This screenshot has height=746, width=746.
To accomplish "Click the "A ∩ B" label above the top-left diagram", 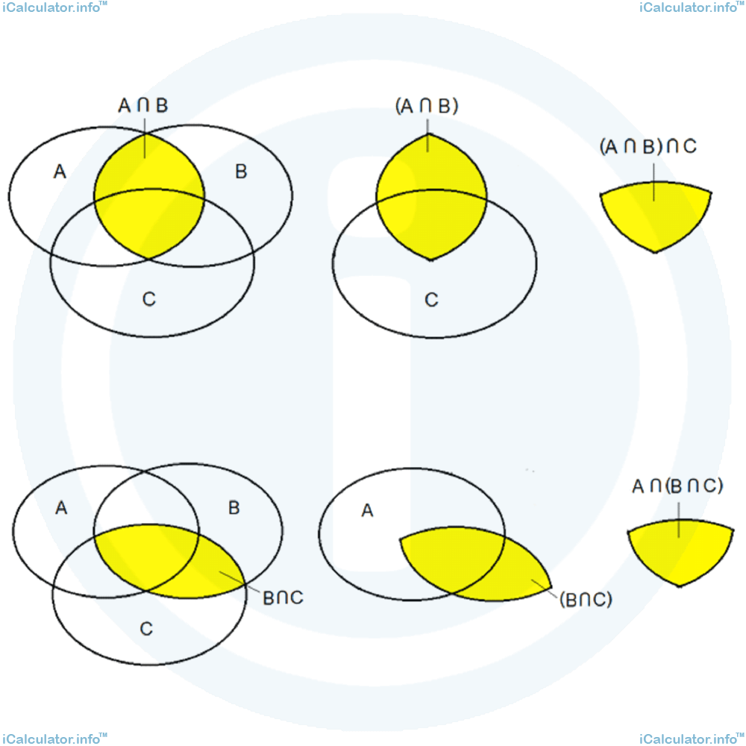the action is [143, 106].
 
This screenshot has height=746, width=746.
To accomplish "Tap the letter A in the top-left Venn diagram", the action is [60, 172].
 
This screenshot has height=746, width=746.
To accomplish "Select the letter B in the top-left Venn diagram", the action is [241, 172].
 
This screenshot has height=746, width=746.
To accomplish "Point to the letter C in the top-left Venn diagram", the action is [148, 300].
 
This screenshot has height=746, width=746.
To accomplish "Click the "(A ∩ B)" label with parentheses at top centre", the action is [427, 107].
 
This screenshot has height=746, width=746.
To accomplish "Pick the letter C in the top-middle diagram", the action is [431, 300].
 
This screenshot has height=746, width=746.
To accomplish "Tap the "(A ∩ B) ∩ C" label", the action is [648, 146].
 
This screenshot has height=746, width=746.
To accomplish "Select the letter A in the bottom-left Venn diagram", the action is [62, 508].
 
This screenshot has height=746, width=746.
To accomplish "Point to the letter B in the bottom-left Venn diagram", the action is [233, 508].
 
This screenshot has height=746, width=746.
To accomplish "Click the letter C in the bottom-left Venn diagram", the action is [146, 628].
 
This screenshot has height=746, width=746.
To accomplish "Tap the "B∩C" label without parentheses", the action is [283, 598].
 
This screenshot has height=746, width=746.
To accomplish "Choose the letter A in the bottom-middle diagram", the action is [366, 511].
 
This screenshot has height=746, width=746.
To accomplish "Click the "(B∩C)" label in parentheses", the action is [585, 599].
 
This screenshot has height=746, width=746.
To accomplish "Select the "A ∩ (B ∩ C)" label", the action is [677, 487].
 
